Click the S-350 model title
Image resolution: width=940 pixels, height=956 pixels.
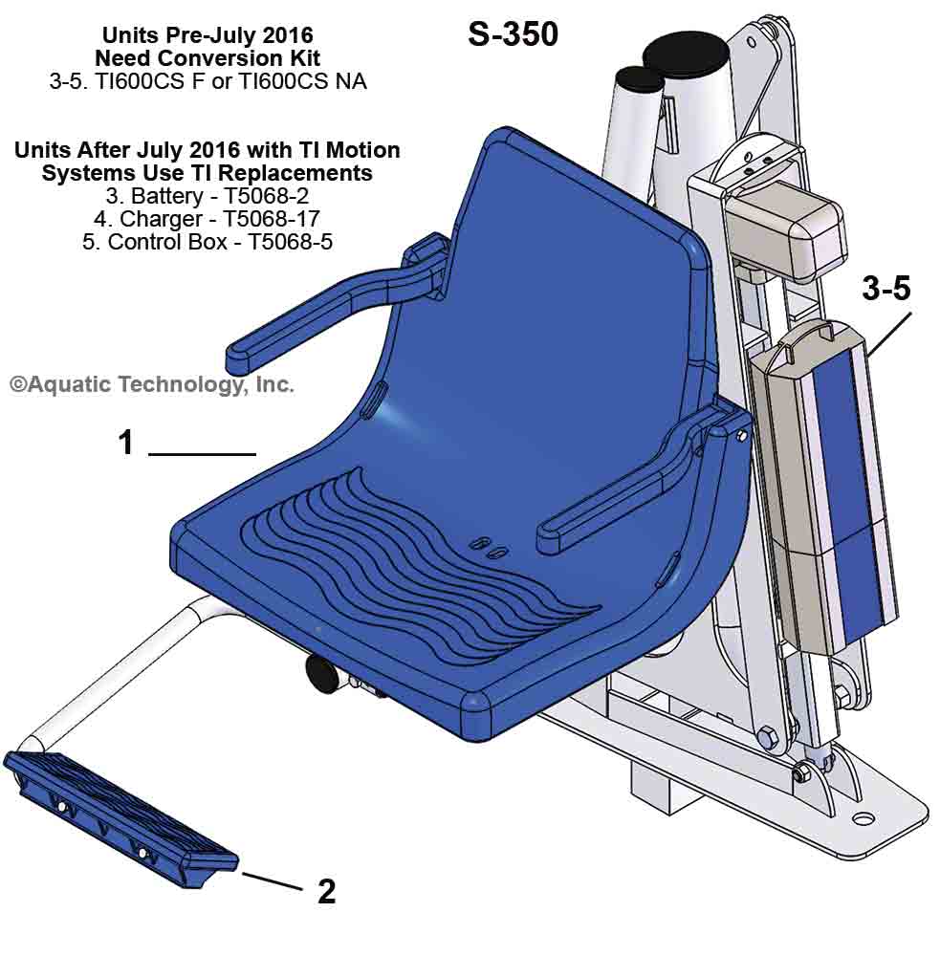click(513, 34)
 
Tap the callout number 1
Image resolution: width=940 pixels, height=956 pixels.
click(125, 443)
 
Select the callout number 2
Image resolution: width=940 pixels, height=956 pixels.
click(326, 891)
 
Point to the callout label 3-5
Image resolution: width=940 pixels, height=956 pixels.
click(886, 290)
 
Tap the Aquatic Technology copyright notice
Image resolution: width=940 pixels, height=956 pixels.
click(151, 384)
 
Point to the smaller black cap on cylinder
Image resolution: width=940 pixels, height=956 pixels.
click(639, 78)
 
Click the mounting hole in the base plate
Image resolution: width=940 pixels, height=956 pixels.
click(863, 818)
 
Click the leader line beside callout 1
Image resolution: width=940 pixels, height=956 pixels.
click(202, 453)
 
